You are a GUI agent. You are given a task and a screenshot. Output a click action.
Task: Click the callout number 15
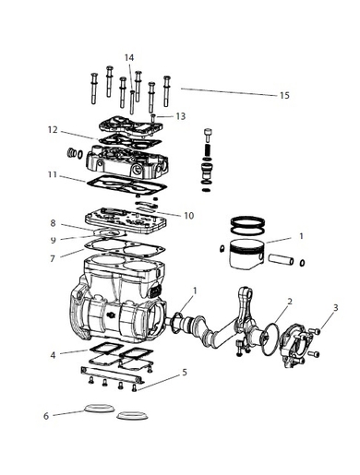click(x=284, y=95)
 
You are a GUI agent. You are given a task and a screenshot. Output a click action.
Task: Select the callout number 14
click(x=129, y=57)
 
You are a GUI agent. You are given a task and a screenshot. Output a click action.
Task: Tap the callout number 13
click(x=181, y=116)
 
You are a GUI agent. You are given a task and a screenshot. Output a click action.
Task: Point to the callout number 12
click(x=54, y=129)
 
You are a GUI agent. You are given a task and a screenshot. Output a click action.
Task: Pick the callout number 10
click(x=188, y=216)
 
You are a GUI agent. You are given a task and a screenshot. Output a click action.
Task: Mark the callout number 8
click(x=54, y=223)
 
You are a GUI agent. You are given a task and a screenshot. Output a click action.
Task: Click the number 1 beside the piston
click(x=301, y=237)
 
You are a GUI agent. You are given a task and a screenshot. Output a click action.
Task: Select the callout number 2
click(x=290, y=301)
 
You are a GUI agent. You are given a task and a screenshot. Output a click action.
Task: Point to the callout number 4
click(x=54, y=354)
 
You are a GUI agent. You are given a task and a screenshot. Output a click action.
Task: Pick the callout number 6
click(x=46, y=416)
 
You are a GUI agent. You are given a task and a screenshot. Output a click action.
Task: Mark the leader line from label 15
click(x=226, y=91)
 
